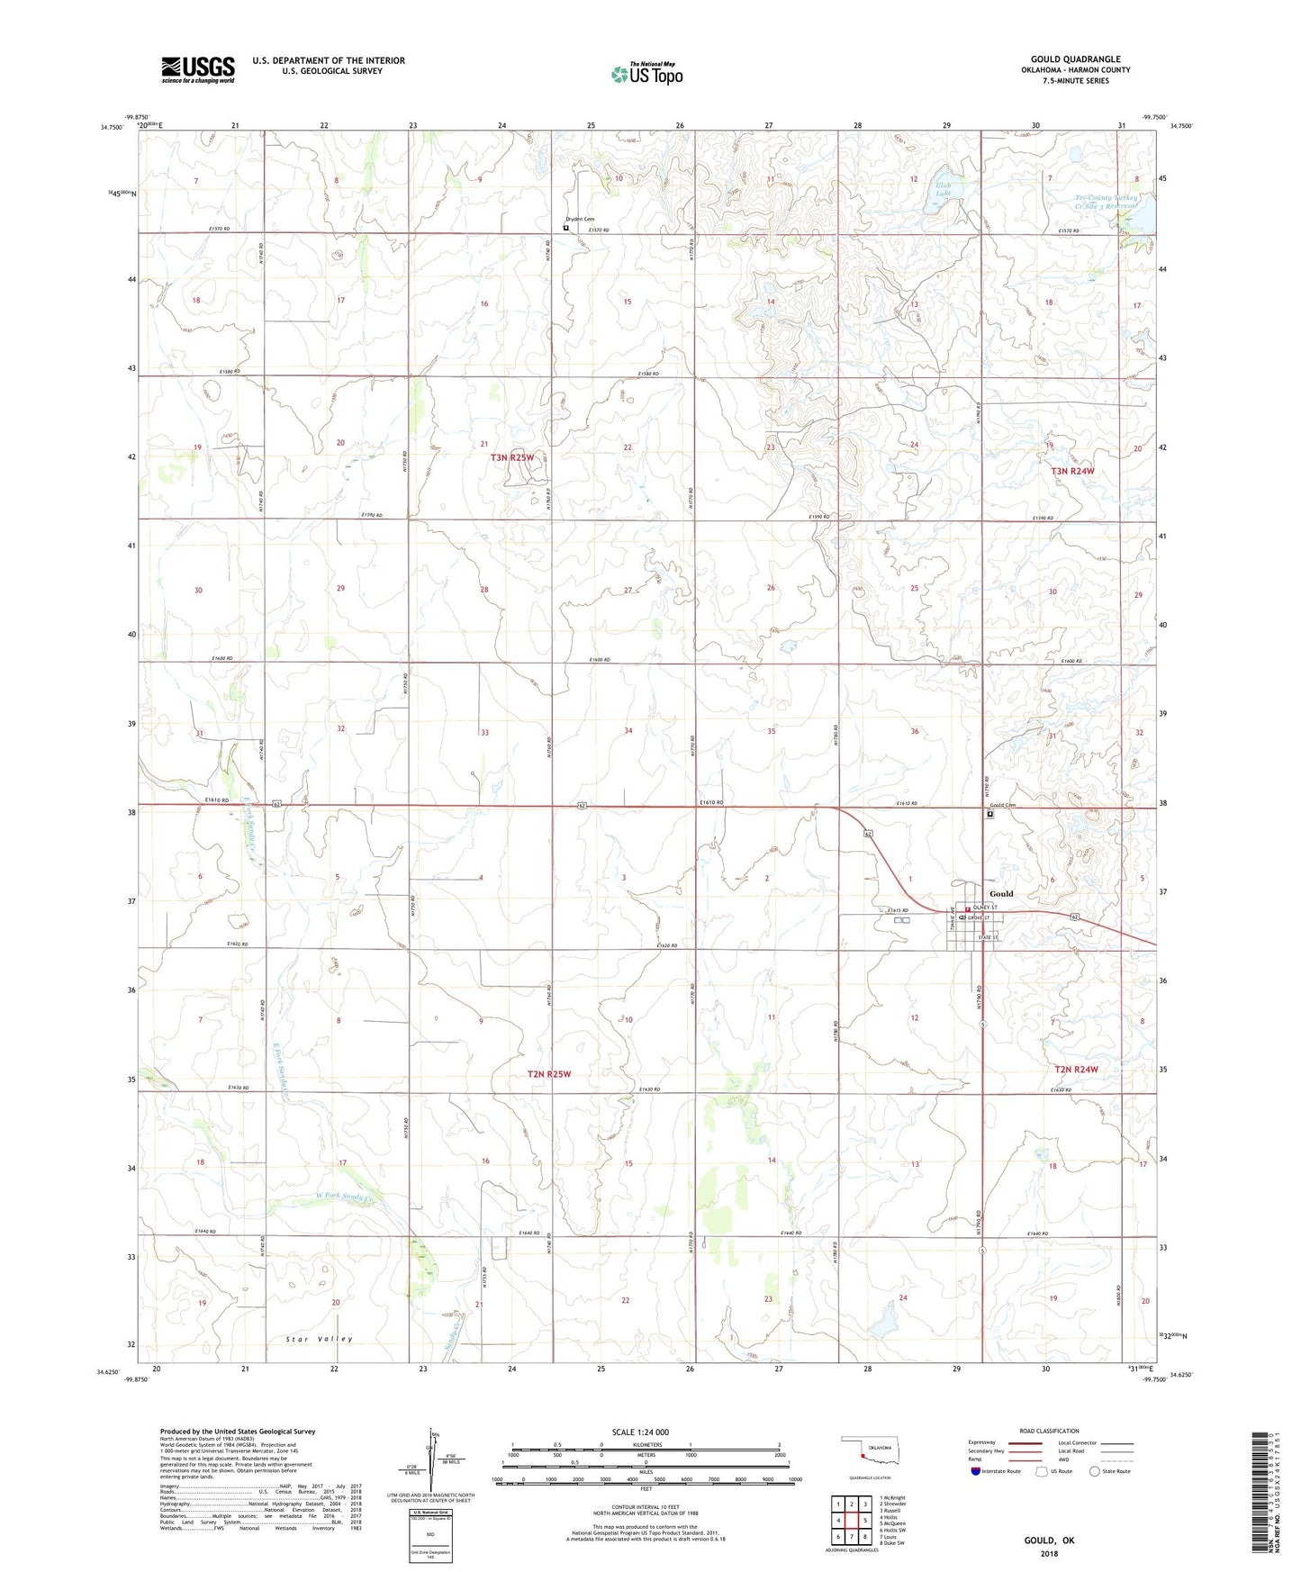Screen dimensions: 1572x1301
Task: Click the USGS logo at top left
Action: pyautogui.click(x=198, y=69)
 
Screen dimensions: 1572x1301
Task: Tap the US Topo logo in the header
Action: pyautogui.click(x=646, y=74)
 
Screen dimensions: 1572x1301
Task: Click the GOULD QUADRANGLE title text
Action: pyautogui.click(x=1075, y=59)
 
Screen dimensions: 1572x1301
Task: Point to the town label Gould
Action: pyautogui.click(x=1001, y=894)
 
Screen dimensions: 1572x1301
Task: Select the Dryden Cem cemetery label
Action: pyautogui.click(x=580, y=220)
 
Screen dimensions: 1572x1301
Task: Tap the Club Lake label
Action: pyautogui.click(x=943, y=190)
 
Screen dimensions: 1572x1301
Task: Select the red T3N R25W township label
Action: pyautogui.click(x=512, y=457)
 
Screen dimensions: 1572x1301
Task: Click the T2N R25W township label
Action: pyautogui.click(x=549, y=1074)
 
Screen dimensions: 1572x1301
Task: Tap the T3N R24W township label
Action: pyautogui.click(x=1073, y=471)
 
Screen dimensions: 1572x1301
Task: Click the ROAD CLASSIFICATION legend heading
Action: pyautogui.click(x=1049, y=1431)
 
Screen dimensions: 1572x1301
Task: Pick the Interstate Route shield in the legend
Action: pyautogui.click(x=976, y=1471)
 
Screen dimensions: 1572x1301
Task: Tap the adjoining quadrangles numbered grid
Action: pyautogui.click(x=851, y=1522)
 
